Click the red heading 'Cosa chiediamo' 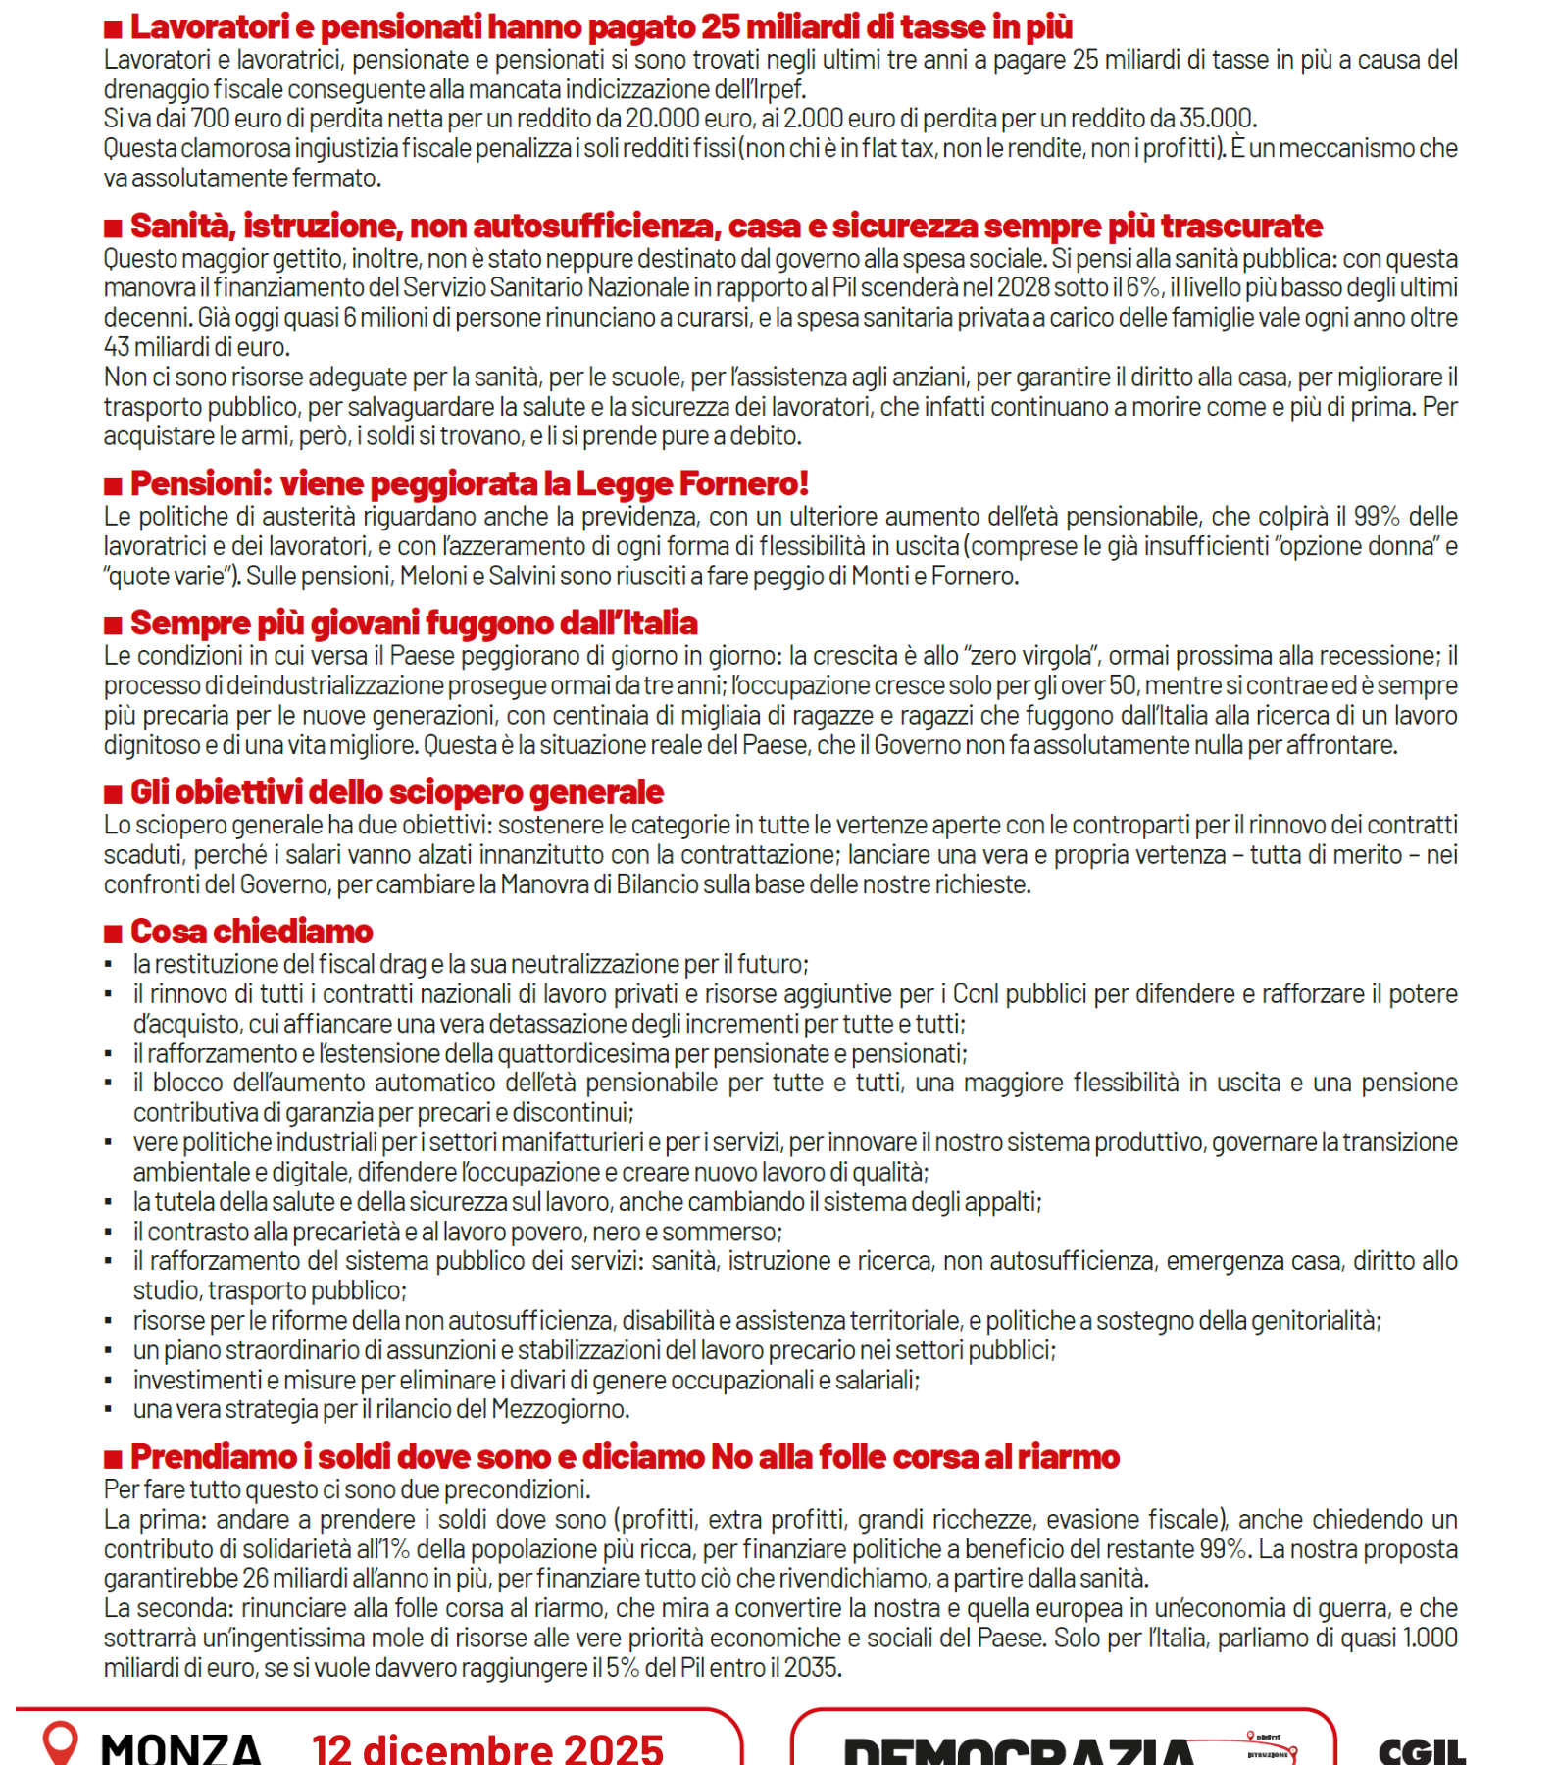click(x=251, y=932)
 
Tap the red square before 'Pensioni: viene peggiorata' click(x=114, y=485)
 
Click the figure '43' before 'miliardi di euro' click(x=117, y=348)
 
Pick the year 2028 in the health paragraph click(x=1024, y=288)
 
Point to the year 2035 click(x=811, y=1668)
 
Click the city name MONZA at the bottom click(x=181, y=1747)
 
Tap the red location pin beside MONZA click(x=60, y=1741)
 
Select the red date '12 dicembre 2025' click(x=487, y=1747)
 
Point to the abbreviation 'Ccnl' click(x=976, y=995)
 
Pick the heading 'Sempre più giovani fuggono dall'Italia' click(x=414, y=624)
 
